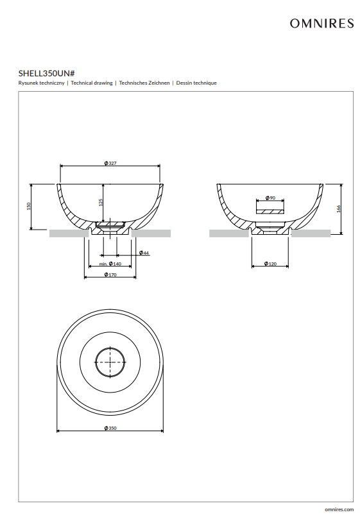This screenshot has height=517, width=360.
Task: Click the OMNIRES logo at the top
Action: [321, 23]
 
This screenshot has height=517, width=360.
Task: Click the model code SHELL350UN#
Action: [47, 73]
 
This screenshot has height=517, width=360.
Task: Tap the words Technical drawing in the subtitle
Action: [92, 83]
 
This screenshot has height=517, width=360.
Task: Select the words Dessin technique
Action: [196, 83]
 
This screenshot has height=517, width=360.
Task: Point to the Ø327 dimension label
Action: [110, 163]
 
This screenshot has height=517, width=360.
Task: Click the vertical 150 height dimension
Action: [29, 207]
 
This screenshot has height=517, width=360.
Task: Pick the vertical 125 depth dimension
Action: [101, 202]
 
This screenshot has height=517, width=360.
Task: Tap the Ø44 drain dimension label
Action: [144, 253]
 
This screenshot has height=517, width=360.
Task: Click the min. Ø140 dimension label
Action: [110, 264]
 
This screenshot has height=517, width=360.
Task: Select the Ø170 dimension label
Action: [110, 275]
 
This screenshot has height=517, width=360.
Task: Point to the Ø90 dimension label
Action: [270, 198]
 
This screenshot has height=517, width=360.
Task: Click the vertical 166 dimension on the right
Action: [339, 208]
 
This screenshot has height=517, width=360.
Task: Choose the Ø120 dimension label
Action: [270, 264]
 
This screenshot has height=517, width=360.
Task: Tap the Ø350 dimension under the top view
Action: [110, 428]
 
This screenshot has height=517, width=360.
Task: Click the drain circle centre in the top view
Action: [110, 362]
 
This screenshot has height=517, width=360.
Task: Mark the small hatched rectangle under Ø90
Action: [270, 211]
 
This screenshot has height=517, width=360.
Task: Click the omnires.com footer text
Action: [339, 509]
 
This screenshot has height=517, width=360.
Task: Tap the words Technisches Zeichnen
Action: [144, 83]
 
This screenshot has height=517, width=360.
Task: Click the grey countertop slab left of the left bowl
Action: [69, 233]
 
